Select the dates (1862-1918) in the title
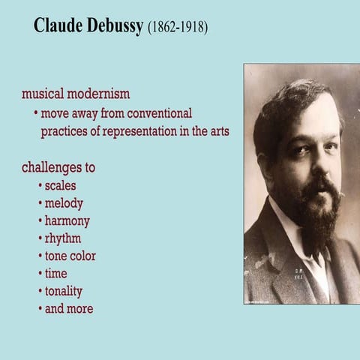click(x=177, y=28)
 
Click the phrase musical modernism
click(x=76, y=94)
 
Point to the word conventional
click(x=149, y=114)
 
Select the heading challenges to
click(x=58, y=167)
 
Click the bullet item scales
click(x=60, y=185)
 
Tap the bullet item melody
click(x=64, y=203)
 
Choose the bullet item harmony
click(x=67, y=221)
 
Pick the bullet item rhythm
click(x=63, y=238)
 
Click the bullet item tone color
click(x=70, y=256)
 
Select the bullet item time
click(x=55, y=274)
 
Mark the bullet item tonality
click(x=63, y=291)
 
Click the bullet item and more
click(x=69, y=308)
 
